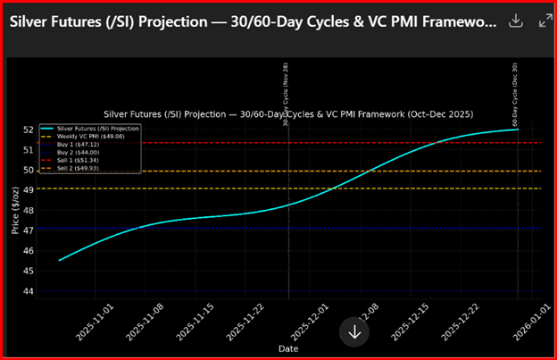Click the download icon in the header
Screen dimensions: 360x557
515,21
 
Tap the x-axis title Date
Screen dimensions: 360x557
288,347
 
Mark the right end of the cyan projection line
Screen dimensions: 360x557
519,130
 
